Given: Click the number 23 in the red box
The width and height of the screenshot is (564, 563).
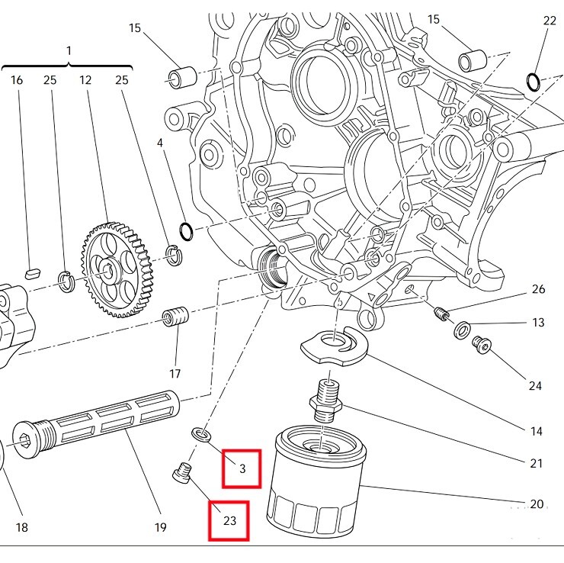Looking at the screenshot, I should pyautogui.click(x=230, y=521).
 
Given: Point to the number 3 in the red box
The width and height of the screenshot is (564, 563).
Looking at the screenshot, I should pyautogui.click(x=242, y=468).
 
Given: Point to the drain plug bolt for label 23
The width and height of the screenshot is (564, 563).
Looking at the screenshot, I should pyautogui.click(x=181, y=473).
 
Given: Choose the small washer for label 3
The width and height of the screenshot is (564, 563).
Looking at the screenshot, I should pyautogui.click(x=202, y=435).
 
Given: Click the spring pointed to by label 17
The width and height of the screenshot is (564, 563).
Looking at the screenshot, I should pyautogui.click(x=176, y=317).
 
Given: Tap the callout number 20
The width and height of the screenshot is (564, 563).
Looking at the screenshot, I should pyautogui.click(x=537, y=504).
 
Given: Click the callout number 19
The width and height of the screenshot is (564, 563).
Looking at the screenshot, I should pyautogui.click(x=161, y=527).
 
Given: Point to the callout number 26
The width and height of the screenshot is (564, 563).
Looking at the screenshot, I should pyautogui.click(x=538, y=289).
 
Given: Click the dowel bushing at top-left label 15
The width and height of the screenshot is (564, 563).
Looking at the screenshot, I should pyautogui.click(x=182, y=77).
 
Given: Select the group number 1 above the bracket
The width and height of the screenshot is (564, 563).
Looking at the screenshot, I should pyautogui.click(x=69, y=50).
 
